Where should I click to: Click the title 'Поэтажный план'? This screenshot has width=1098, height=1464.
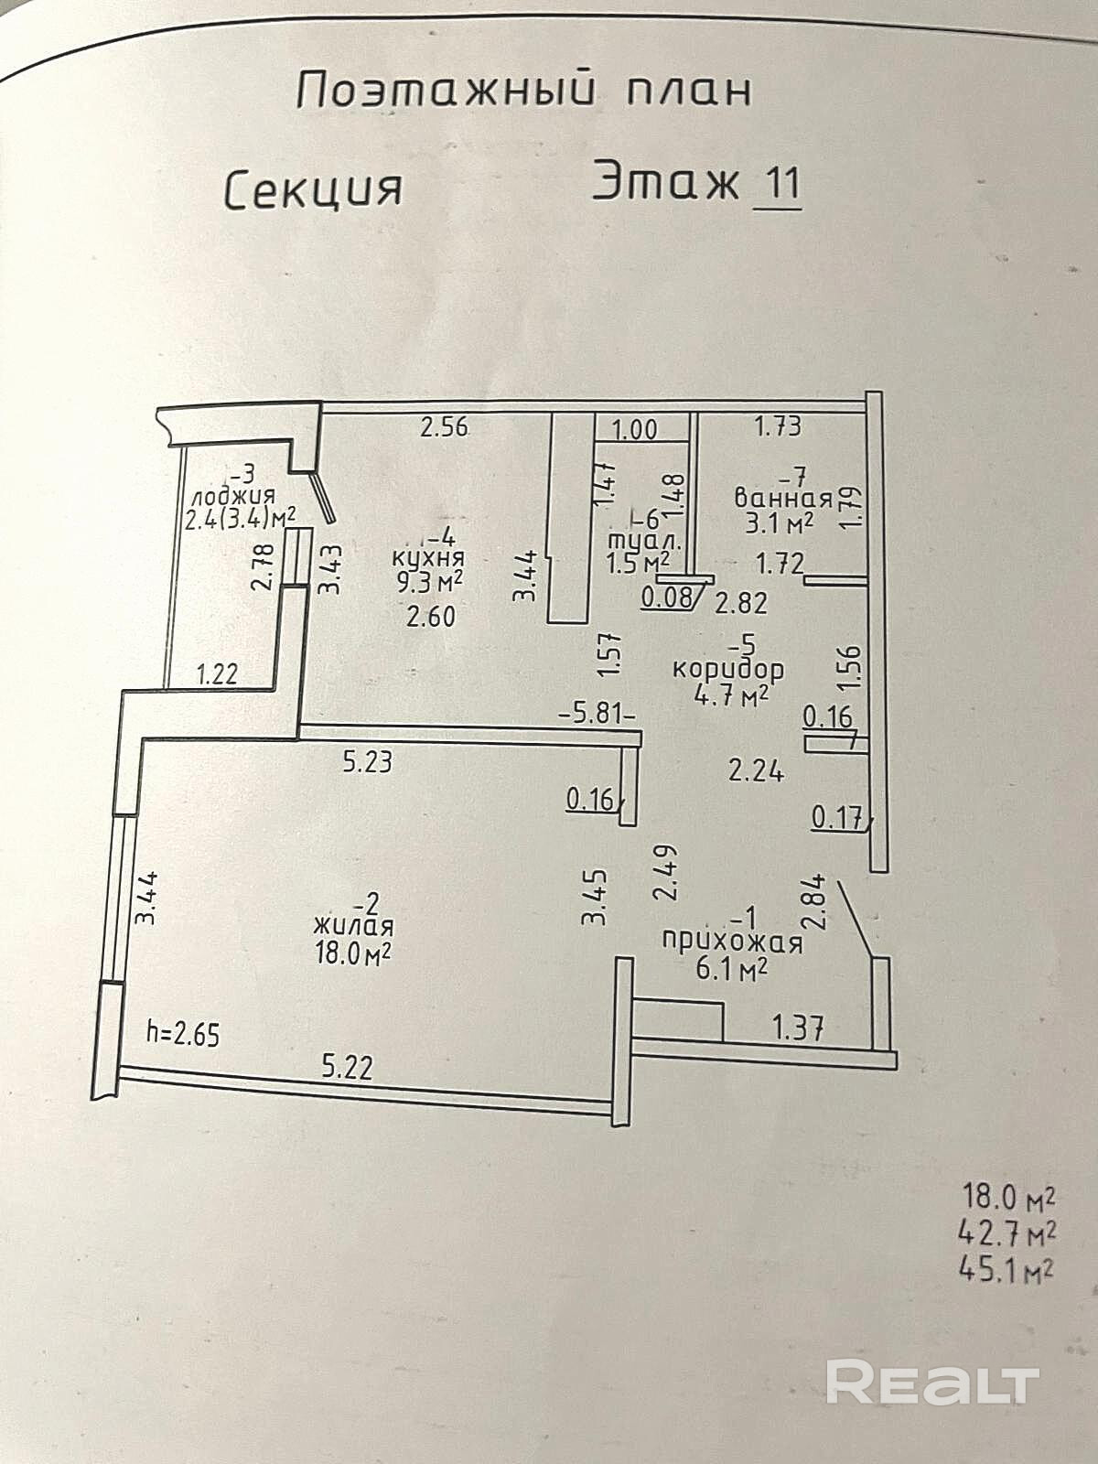point(524,91)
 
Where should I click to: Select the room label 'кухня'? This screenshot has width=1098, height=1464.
point(428,558)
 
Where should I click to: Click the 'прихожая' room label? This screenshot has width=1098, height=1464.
point(732,942)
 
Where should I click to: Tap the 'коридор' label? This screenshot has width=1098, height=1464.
point(728,669)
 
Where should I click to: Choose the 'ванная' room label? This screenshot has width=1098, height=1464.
point(783,500)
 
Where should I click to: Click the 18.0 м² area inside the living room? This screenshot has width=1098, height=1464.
point(353,953)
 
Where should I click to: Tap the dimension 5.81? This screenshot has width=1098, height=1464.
point(597,712)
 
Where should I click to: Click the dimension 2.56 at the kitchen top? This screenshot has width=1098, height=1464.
point(444,426)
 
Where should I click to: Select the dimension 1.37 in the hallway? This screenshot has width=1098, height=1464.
point(798,1029)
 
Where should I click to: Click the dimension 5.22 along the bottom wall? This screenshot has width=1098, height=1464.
point(347,1067)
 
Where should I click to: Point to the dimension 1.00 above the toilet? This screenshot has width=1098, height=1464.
point(634,429)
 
